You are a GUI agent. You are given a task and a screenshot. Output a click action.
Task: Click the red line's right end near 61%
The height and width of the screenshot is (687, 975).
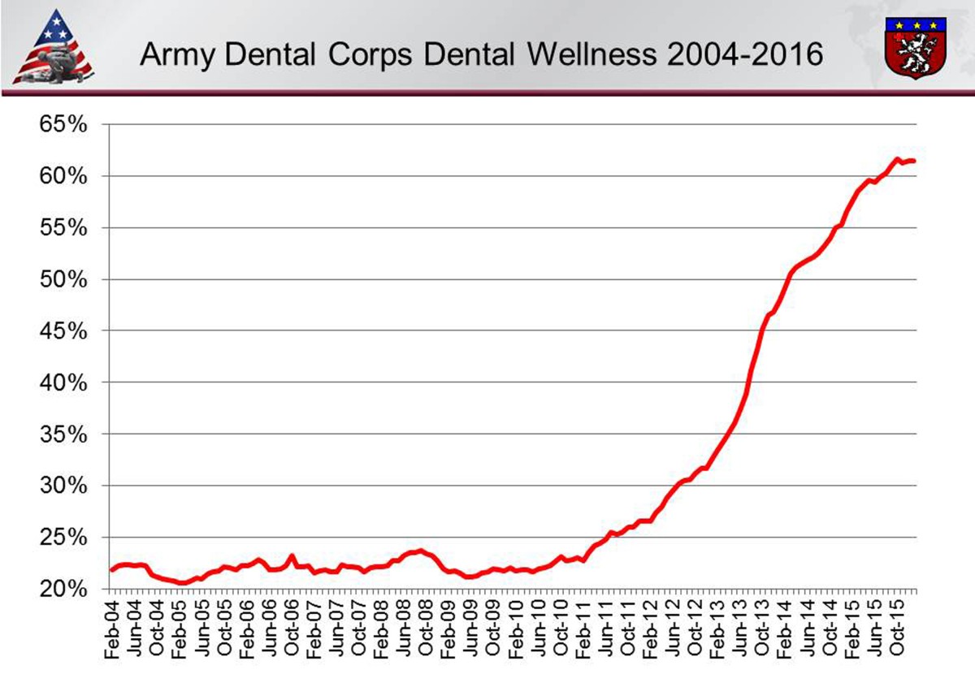(914, 161)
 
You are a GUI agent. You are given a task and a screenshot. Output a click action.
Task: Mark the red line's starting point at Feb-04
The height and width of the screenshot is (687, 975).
(112, 570)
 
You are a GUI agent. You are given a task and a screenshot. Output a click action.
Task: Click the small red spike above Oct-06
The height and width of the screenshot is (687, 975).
(292, 556)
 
